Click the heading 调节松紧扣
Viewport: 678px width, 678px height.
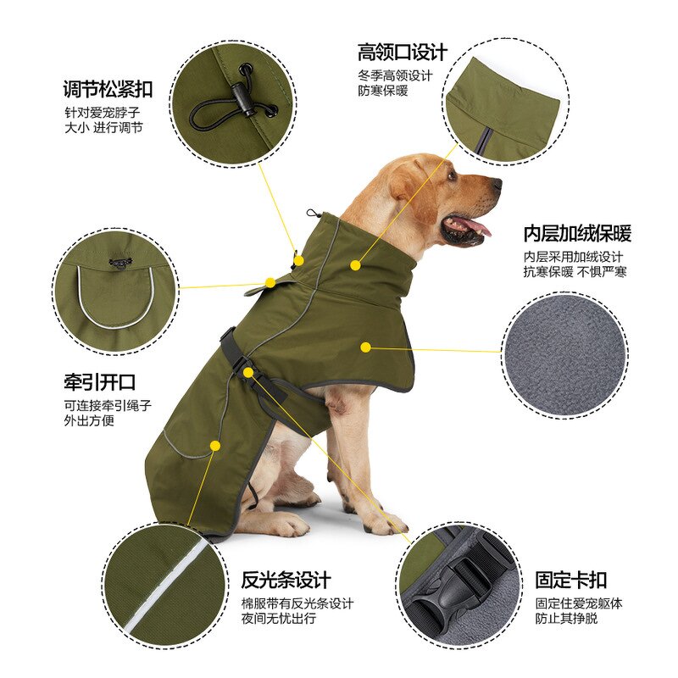coord(108,88)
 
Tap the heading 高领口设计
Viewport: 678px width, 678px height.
coord(403,53)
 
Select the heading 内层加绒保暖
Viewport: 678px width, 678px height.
coord(576,234)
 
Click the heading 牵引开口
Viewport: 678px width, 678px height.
coord(99,382)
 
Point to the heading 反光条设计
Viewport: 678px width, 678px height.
coord(286,581)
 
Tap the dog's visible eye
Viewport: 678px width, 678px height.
coord(452,177)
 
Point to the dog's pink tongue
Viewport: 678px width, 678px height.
coord(475,226)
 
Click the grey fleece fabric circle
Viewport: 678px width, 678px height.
coord(564,354)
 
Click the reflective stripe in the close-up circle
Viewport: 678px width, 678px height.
coord(165,590)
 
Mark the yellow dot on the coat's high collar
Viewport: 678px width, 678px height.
coord(355,265)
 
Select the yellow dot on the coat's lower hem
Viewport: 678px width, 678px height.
coord(215,445)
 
